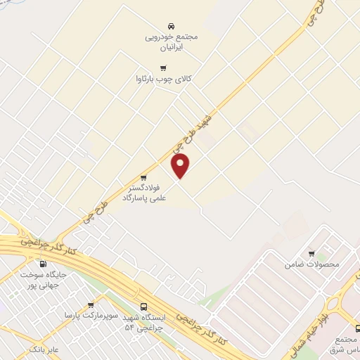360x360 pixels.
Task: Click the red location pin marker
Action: [181, 165]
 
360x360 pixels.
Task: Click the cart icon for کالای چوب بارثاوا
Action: [164, 68]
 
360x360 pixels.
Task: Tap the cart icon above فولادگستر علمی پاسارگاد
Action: [143, 177]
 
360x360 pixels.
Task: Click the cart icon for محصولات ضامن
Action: [311, 253]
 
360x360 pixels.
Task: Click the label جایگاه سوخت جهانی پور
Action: [43, 281]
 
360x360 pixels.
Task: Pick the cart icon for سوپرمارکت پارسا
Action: [91, 305]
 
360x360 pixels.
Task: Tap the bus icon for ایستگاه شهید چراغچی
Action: [144, 307]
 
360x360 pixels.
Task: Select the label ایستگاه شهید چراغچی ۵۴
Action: [143, 323]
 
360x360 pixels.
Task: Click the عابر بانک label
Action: [44, 348]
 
